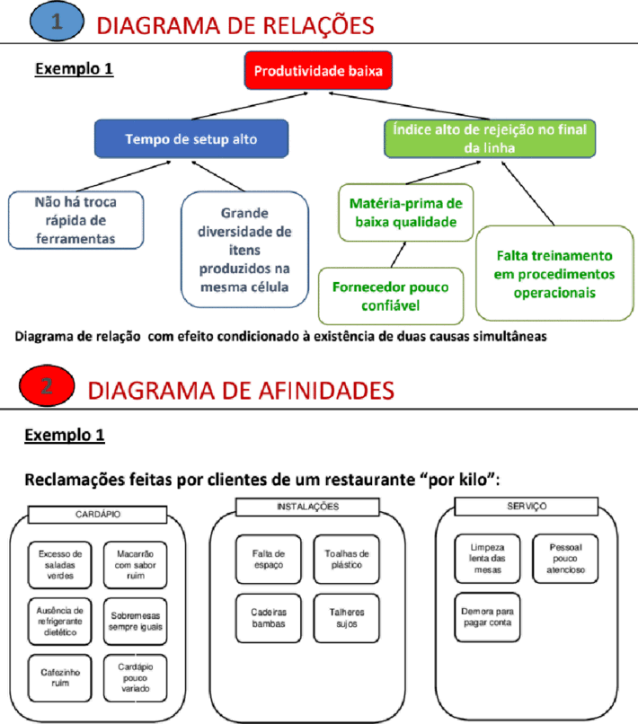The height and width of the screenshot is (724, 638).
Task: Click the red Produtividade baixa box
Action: click(318, 71)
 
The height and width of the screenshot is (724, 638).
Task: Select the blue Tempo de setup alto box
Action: click(191, 138)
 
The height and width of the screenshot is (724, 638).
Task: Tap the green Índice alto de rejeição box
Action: click(490, 138)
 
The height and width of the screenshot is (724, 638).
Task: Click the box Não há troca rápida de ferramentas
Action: click(75, 220)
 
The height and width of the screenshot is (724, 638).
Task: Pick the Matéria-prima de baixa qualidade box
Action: click(406, 212)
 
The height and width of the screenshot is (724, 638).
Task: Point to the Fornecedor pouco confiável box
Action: click(391, 296)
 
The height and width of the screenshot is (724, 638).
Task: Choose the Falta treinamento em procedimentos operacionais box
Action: click(554, 273)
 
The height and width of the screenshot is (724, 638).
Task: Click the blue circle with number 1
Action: click(57, 22)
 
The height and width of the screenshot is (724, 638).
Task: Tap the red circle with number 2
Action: click(47, 385)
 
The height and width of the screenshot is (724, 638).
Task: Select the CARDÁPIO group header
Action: click(97, 515)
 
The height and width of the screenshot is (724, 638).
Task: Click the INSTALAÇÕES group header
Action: click(307, 507)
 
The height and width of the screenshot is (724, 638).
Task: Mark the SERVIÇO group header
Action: click(527, 506)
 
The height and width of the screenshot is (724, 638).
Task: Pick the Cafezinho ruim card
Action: click(60, 678)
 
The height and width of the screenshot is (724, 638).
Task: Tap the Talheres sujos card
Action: click(347, 618)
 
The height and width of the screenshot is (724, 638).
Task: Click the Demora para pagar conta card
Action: click(487, 617)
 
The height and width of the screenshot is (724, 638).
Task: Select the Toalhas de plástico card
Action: click(347, 559)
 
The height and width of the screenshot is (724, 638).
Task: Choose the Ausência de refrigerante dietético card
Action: click(60, 622)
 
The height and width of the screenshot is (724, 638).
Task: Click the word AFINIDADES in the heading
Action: click(326, 390)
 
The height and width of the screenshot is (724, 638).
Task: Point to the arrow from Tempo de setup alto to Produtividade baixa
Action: click(250, 106)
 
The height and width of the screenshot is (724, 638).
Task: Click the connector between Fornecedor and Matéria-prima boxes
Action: click(398, 254)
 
